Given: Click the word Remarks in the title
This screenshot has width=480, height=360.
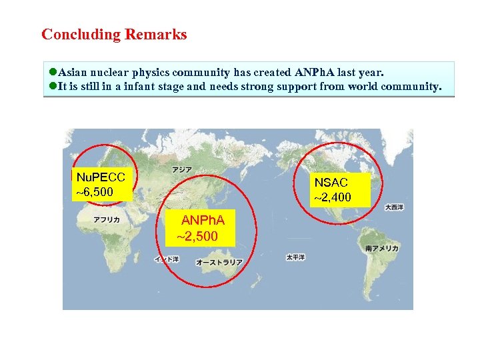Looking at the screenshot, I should point(159,35).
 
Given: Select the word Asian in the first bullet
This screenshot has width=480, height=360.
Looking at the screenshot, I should point(73,72).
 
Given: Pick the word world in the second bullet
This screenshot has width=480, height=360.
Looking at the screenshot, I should point(355,87).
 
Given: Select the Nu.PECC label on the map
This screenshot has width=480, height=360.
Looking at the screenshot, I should point(101,177).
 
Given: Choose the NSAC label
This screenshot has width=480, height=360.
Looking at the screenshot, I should point(331,182).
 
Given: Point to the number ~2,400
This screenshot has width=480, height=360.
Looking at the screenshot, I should point(333,197).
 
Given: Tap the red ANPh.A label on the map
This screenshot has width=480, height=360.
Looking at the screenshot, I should point(203,220).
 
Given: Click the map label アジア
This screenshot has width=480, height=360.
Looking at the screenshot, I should point(181,170).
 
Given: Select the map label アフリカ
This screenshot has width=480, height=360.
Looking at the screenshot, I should point(107,219).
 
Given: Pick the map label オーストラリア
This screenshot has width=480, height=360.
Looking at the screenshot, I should point(219,263).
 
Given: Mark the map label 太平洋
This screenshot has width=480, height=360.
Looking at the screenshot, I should point(295,257).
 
